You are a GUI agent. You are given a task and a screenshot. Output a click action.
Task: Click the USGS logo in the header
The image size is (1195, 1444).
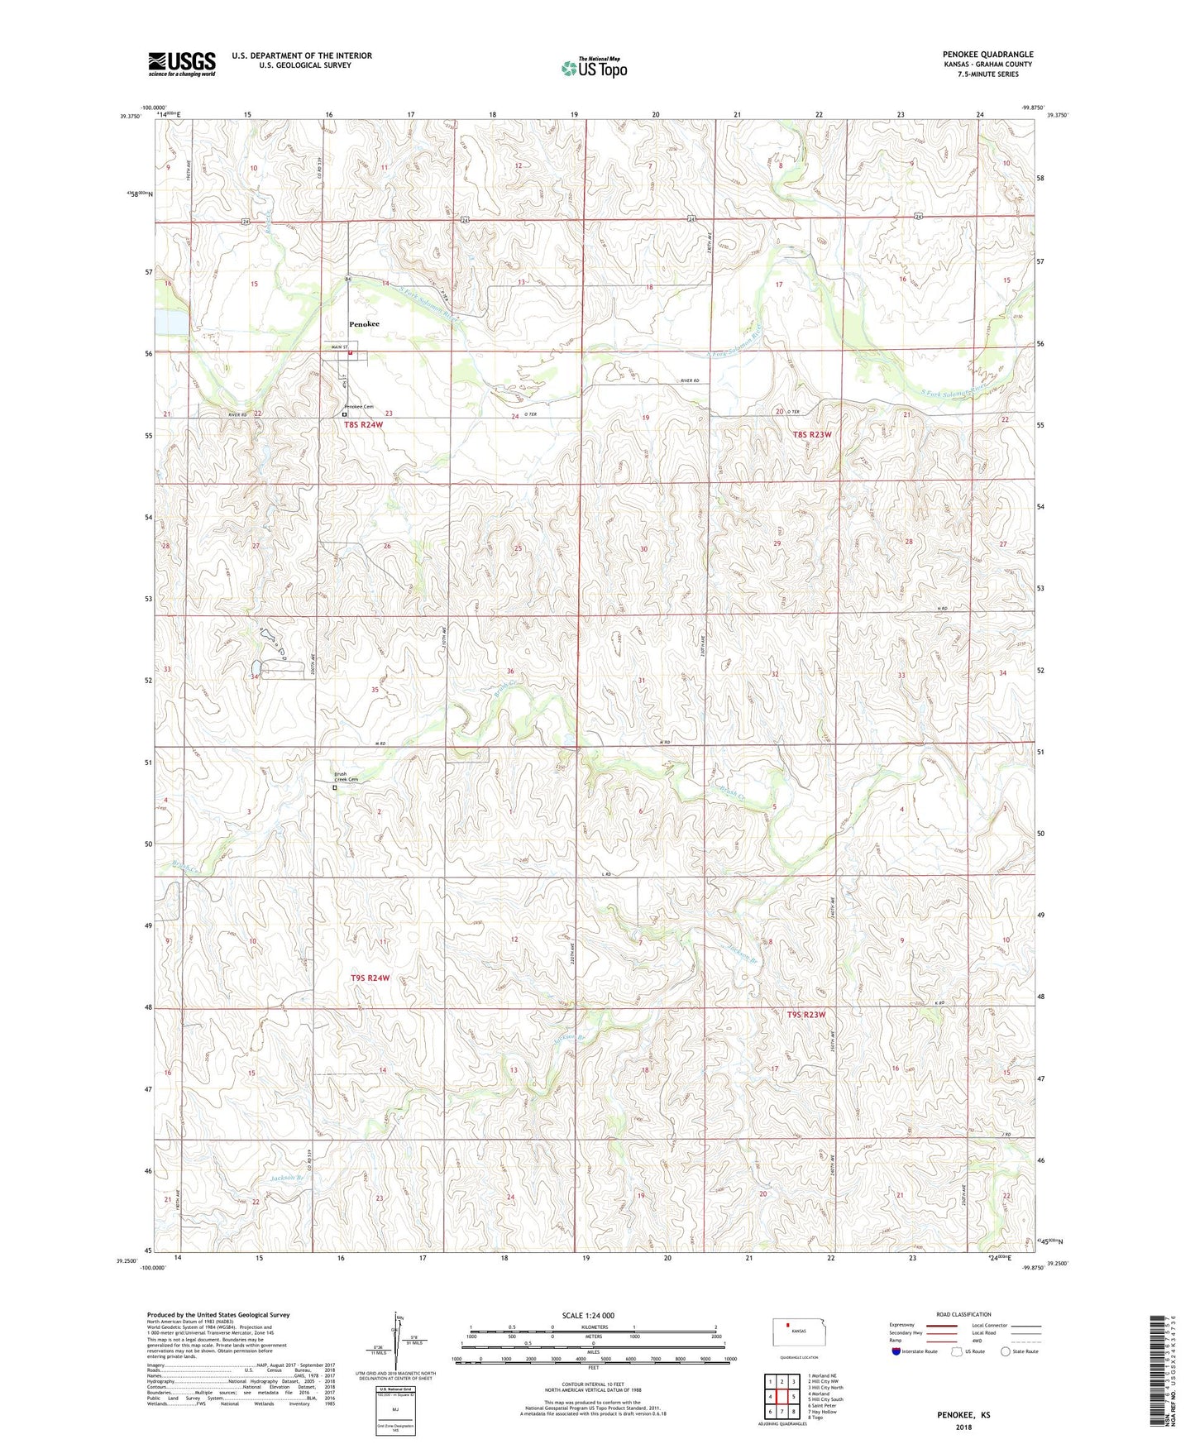pyautogui.click(x=182, y=64)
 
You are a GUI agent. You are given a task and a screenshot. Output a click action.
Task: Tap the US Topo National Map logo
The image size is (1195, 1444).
pyautogui.click(x=594, y=68)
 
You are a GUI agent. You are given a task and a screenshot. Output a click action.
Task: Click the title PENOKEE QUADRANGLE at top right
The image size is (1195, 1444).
pyautogui.click(x=987, y=55)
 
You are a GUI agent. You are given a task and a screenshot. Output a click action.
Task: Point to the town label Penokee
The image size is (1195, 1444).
pyautogui.click(x=364, y=324)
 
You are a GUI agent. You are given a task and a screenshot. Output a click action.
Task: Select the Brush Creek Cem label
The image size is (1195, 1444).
pyautogui.click(x=347, y=777)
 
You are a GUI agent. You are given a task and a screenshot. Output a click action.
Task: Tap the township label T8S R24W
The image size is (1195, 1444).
pyautogui.click(x=364, y=424)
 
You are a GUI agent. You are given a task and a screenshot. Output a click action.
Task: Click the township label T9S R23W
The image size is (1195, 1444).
pyautogui.click(x=806, y=1014)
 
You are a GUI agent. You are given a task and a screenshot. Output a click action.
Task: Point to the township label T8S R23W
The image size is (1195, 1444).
pyautogui.click(x=811, y=434)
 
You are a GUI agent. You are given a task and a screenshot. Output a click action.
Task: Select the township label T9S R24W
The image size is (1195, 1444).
pyautogui.click(x=370, y=978)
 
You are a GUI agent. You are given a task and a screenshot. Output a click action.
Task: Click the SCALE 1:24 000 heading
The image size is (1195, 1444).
pyautogui.click(x=588, y=1315)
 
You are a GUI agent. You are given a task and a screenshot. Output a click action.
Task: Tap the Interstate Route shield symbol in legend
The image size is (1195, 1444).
pyautogui.click(x=897, y=1351)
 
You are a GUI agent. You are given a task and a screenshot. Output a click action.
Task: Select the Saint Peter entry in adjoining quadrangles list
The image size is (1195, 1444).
pyautogui.click(x=824, y=1404)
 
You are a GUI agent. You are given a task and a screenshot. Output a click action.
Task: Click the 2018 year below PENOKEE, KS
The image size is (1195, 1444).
pyautogui.click(x=963, y=1427)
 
